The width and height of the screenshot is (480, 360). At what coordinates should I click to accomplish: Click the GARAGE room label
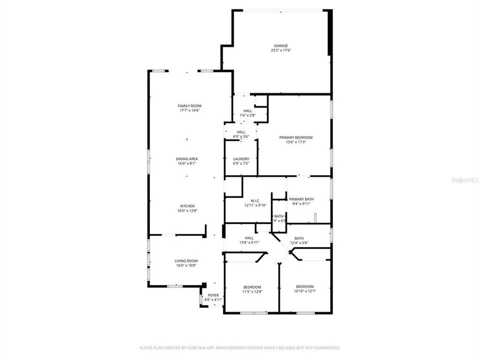pos(280,45)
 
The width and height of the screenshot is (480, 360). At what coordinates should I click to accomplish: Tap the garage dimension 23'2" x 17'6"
pos(280,50)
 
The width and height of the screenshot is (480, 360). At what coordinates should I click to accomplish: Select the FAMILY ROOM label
pos(189,105)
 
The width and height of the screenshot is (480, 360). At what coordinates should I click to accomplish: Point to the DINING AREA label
pos(186,158)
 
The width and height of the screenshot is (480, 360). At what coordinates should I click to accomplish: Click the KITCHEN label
pos(187,206)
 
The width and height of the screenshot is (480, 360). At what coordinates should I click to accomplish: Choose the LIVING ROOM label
pos(186,260)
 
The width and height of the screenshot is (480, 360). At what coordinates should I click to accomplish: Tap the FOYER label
pos(213,295)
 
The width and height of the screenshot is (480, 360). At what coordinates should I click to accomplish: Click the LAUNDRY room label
pos(240,158)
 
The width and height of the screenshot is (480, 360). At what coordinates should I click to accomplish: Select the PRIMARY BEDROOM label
pos(295,137)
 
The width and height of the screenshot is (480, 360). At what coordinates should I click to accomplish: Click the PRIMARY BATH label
pos(301,199)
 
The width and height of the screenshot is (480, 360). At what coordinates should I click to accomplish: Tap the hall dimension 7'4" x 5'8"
pos(247,115)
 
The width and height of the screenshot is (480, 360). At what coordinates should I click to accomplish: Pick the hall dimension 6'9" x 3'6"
pos(241,136)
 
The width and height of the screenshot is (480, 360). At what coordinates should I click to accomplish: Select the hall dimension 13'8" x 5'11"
pos(248,242)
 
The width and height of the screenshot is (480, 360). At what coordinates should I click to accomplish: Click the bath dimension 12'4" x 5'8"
pos(299,243)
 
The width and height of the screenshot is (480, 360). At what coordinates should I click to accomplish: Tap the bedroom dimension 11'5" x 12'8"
pos(252,291)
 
